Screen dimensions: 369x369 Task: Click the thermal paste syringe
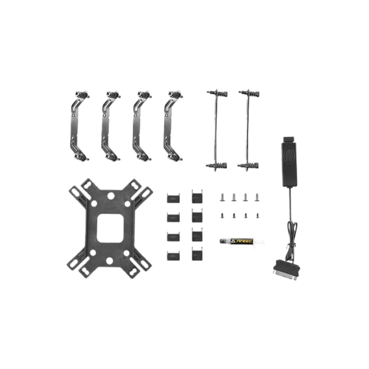[x=241, y=241]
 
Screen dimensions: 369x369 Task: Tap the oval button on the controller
[x=289, y=156]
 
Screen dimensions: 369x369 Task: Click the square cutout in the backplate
[x=110, y=228]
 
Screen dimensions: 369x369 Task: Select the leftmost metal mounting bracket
[x=80, y=126]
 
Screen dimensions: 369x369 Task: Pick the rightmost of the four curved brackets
[x=173, y=126]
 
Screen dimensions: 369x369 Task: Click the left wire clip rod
[x=216, y=130]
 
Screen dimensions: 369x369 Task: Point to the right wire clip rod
[x=248, y=130]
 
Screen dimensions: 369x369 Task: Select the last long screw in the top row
[x=257, y=197]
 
